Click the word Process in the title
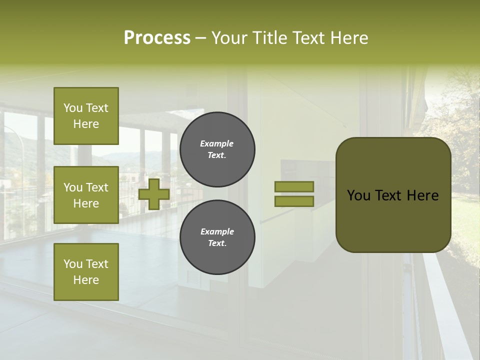[x=157, y=38]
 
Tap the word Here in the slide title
[x=349, y=38]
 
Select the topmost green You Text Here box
[x=86, y=116]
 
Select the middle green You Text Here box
[x=86, y=195]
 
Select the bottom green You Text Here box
[x=86, y=272]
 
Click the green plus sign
[x=154, y=194]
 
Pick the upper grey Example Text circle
[x=217, y=149]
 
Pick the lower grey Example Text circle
[x=217, y=237]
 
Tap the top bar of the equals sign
[x=294, y=186]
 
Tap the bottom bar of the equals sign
[x=294, y=201]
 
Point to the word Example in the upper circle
[x=216, y=143]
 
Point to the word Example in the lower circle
[x=216, y=231]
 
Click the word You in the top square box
[x=73, y=108]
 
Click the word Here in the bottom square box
[x=86, y=280]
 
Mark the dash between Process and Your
[x=201, y=38]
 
